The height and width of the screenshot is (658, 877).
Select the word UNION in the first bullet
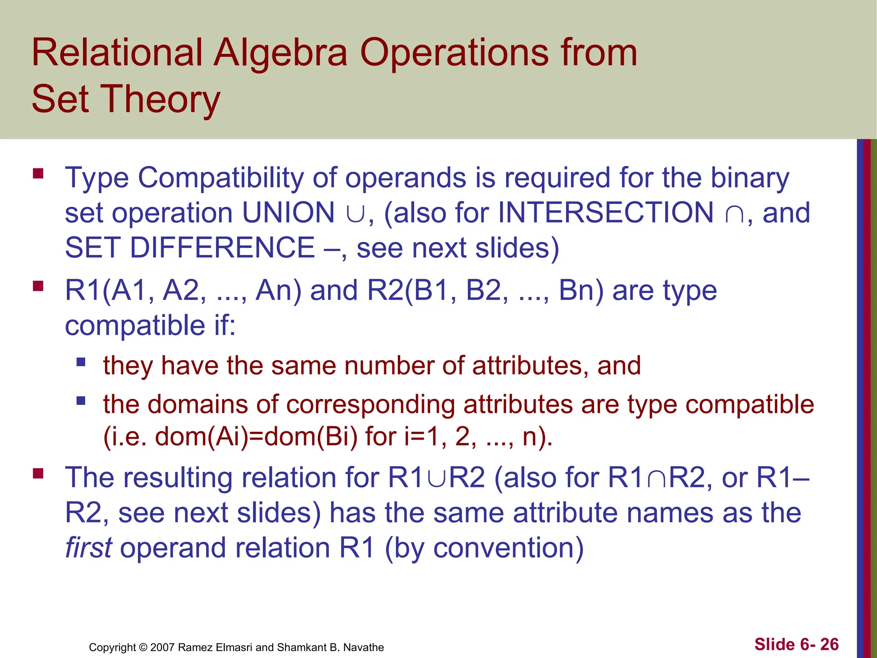coord(288,213)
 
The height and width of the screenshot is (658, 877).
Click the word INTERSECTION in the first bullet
coord(606,213)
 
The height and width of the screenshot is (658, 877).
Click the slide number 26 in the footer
coord(829,644)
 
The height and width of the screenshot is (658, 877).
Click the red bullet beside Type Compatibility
coord(38,174)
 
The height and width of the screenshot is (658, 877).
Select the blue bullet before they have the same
coord(81,362)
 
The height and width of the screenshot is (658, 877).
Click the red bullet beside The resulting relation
coord(38,473)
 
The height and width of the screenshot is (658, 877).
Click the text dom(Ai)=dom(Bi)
coord(256,437)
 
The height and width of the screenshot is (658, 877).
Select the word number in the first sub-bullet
coord(389,366)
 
